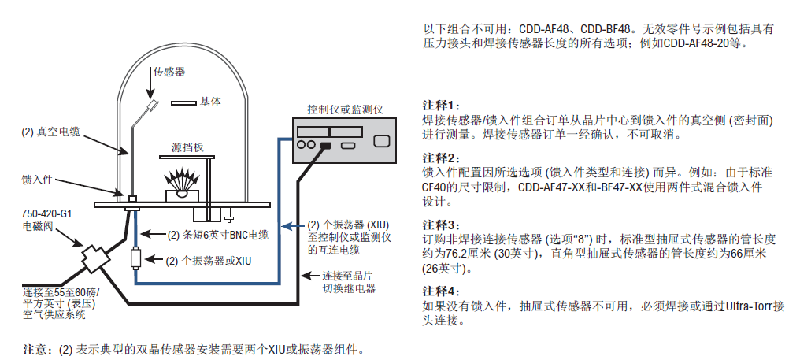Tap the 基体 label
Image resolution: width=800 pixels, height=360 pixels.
[210, 102]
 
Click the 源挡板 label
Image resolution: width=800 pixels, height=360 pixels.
[187, 147]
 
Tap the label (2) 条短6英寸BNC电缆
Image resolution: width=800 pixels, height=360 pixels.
[218, 234]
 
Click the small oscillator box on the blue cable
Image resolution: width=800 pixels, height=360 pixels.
[136, 258]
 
